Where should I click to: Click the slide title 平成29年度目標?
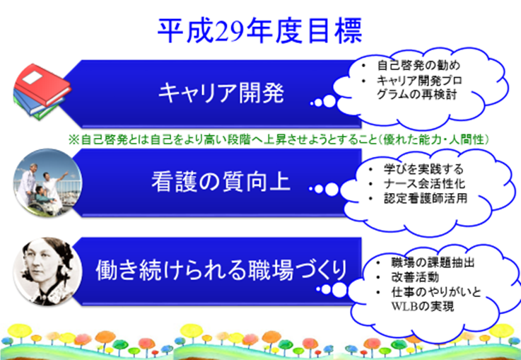(x=259, y=31)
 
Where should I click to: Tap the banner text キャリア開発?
(x=221, y=93)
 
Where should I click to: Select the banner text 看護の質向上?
(x=221, y=182)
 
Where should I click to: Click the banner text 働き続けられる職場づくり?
(x=221, y=270)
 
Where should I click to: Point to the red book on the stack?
(x=42, y=85)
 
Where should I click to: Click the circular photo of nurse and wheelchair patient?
(x=47, y=182)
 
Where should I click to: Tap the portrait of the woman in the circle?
(x=47, y=272)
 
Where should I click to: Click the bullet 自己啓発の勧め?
(x=418, y=65)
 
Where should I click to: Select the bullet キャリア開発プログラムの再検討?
(x=419, y=88)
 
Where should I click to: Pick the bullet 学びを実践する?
(x=423, y=169)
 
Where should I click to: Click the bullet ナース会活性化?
(x=424, y=183)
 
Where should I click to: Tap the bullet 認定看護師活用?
(x=426, y=198)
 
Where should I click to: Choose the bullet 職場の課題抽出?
(x=433, y=262)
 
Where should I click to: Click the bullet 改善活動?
(x=415, y=277)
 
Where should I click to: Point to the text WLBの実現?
(x=422, y=306)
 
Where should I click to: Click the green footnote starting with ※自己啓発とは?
(x=279, y=139)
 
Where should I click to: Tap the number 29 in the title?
(x=229, y=32)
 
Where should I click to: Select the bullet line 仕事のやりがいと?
(x=436, y=292)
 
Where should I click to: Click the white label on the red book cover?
(x=33, y=78)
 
